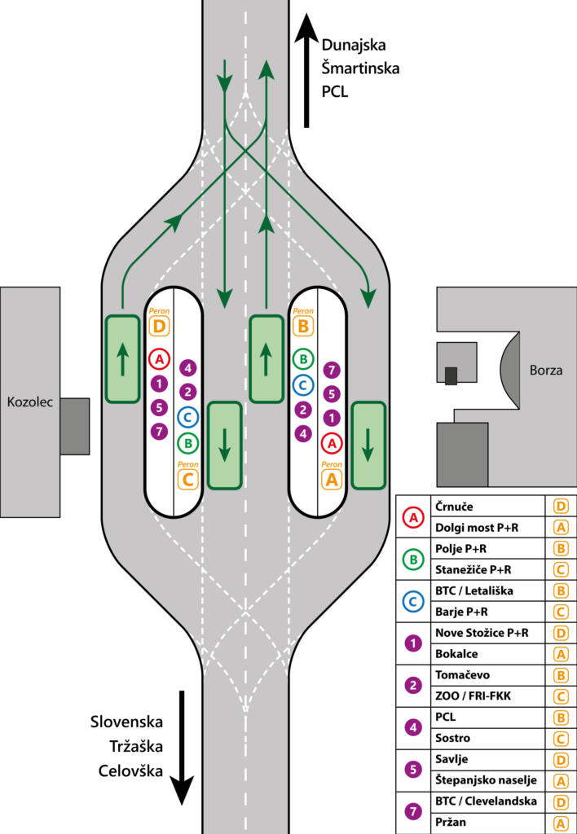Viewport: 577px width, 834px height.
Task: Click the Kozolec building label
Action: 29,402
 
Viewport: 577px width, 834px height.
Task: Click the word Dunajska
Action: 354,46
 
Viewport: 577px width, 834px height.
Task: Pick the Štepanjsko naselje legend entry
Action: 486,780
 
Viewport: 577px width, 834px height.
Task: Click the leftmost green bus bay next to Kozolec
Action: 122,358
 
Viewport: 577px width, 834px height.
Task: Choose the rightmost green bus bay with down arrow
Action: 368,445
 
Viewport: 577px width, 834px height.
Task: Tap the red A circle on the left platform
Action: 159,358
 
